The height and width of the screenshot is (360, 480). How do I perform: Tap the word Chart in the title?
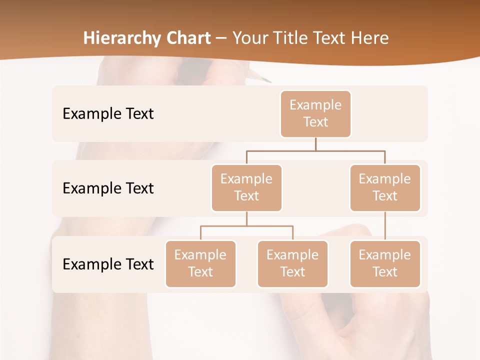188,38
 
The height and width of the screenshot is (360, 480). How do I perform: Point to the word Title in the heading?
292,38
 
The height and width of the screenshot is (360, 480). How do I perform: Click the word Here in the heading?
370,38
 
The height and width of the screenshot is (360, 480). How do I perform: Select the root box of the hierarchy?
315,113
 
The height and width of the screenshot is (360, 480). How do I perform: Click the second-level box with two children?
246,187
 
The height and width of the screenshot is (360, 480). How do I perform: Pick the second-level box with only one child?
385,187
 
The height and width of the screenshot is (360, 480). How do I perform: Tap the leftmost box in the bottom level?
200,263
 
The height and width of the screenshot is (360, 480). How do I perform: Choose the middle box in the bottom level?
292,263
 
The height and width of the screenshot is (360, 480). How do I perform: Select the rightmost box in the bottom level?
385,263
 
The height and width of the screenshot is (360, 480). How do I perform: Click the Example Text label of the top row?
108,113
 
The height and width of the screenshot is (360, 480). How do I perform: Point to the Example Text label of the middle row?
108,188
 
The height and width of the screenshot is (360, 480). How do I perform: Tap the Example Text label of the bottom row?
108,264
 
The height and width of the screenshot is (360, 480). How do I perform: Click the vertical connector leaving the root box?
315,144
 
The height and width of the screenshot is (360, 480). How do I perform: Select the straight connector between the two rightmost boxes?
385,226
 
